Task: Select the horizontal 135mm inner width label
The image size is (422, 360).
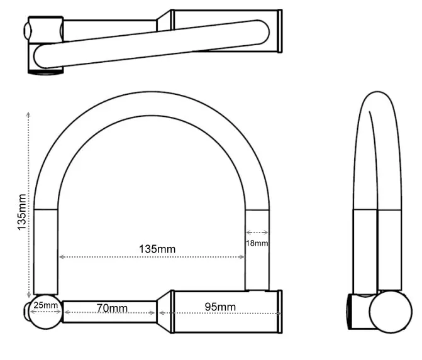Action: click(157, 249)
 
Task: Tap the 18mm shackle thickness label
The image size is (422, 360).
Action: click(257, 243)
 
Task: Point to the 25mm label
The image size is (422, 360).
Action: click(46, 306)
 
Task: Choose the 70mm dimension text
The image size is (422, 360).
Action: click(111, 308)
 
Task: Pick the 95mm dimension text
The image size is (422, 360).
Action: click(221, 307)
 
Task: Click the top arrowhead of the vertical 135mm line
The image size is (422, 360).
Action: click(28, 114)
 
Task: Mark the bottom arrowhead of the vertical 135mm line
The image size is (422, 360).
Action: click(28, 296)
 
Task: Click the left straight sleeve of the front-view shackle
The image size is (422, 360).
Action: click(45, 251)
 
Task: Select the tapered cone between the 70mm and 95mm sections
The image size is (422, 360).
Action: click(165, 308)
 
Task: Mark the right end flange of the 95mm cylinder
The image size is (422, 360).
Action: click(277, 308)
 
